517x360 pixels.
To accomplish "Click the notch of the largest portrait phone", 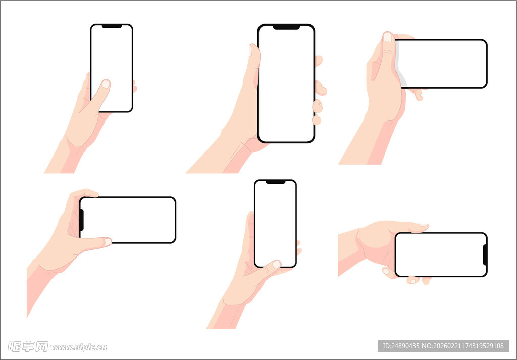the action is tap(286, 27).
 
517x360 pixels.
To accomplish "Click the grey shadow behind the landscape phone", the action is tap(400, 64).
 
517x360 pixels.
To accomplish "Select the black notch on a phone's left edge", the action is tap(81, 220).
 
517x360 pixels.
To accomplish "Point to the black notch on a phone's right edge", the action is tap(485, 255).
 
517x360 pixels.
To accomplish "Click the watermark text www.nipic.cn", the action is tap(78, 347).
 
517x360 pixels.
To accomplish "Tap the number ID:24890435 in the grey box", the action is tap(400, 346).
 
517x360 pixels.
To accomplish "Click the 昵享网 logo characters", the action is tap(28, 346).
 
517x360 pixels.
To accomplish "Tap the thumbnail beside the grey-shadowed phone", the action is tap(388, 37).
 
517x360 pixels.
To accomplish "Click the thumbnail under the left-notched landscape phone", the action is tap(108, 242).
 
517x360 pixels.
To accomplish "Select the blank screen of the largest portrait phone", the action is tap(286, 84).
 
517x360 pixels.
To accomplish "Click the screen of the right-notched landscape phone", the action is tap(440, 254).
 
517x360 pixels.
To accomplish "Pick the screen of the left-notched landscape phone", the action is tap(128, 220).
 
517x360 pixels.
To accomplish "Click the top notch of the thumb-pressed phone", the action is tap(112, 26).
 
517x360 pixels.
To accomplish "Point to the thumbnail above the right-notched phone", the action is tap(424, 225).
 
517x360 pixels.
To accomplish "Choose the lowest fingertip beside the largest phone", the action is tap(317, 120).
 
